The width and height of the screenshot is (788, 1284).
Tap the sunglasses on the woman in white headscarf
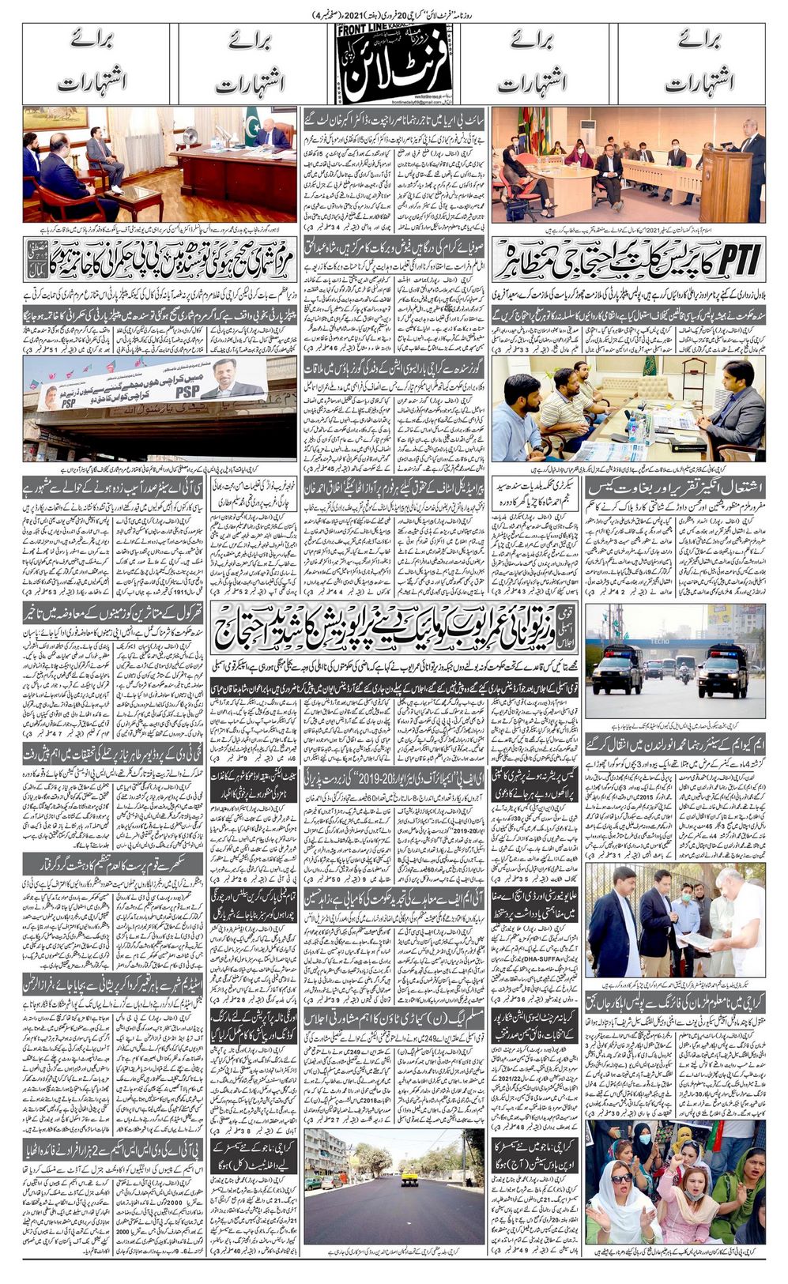tap(622, 1178)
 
